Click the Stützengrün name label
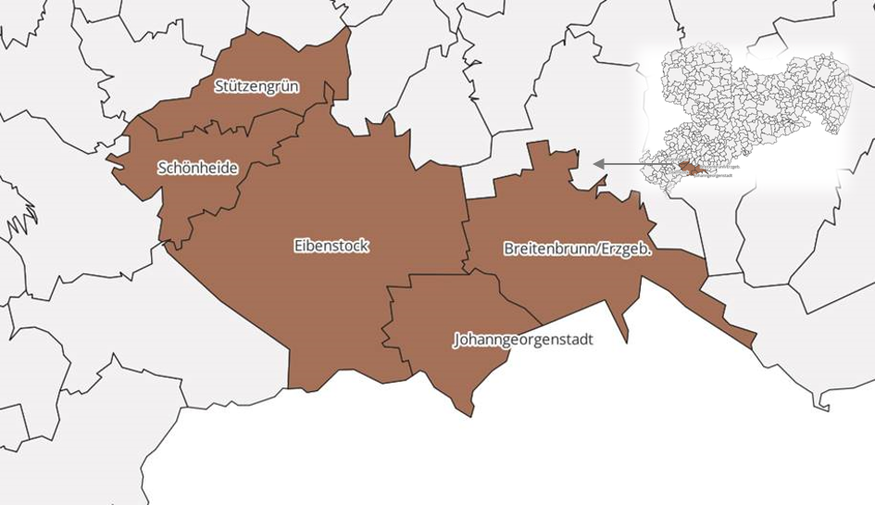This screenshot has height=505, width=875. coord(256,86)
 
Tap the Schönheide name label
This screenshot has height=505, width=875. coord(197,168)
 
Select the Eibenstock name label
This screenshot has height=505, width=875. coord(331,246)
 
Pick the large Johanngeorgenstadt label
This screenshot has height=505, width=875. coord(523,339)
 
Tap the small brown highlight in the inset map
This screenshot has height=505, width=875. coord(691,169)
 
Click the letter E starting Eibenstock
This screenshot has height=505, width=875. coord(298,246)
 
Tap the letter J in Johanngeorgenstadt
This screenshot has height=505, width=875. coord(456,340)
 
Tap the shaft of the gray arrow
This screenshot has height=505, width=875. coord(639,164)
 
